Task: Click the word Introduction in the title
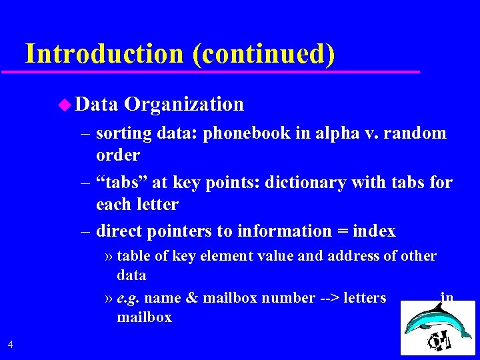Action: click(104, 53)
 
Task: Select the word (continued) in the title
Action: click(263, 53)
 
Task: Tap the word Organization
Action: click(184, 105)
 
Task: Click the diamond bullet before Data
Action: click(63, 104)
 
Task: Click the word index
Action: click(373, 231)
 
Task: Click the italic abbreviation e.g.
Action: click(128, 298)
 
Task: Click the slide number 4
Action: click(10, 344)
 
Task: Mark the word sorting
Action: click(124, 133)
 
